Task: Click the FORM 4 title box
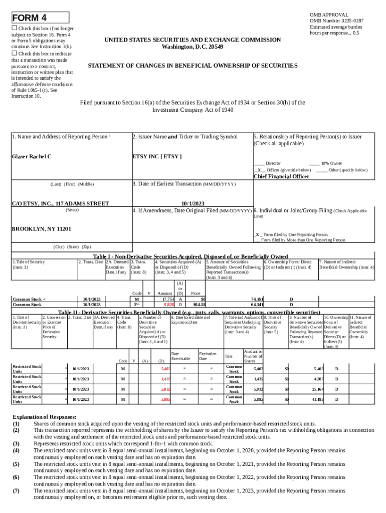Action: (40, 18)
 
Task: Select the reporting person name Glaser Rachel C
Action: (32, 157)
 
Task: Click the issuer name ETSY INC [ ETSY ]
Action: (156, 157)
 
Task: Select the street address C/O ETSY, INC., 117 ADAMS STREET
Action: (60, 204)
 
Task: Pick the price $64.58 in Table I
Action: (199, 304)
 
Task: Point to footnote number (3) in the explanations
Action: (16, 443)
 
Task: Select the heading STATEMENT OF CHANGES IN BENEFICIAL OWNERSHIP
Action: (192, 66)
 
